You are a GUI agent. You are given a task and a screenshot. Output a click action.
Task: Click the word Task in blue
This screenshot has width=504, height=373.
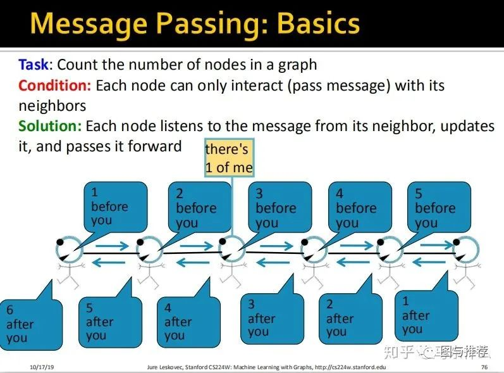[33, 65]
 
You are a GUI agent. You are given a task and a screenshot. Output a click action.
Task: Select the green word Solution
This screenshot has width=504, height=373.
[50, 126]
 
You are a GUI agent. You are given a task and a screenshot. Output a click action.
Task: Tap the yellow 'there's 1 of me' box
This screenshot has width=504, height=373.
[228, 158]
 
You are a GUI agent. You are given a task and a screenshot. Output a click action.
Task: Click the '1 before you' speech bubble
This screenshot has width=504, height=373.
[114, 206]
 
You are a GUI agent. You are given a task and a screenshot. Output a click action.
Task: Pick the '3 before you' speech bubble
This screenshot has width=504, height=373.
[278, 207]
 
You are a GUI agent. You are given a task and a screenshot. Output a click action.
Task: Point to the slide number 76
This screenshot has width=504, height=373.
[484, 367]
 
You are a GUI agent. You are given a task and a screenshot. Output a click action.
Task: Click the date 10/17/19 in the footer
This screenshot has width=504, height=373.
[42, 367]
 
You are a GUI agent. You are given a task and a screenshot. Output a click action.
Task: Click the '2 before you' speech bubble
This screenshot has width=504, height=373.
[198, 207]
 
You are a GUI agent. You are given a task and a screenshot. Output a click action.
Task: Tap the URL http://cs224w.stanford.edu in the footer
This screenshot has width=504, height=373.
[350, 367]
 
